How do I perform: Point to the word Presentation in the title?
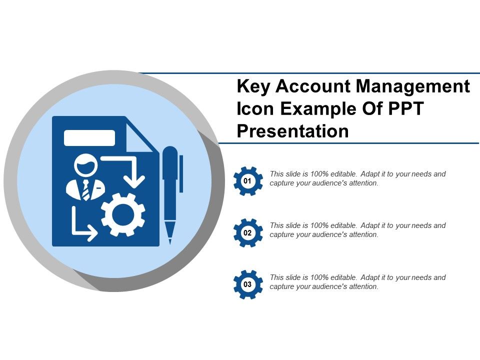click(x=292, y=131)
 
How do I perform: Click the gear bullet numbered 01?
click(x=247, y=181)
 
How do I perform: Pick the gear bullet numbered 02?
click(x=247, y=233)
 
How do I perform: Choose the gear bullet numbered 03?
click(x=247, y=284)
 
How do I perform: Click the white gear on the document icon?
click(x=123, y=215)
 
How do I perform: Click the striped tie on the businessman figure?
click(x=86, y=190)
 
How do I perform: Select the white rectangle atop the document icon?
click(x=89, y=138)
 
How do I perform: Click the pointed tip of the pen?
click(x=170, y=237)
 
